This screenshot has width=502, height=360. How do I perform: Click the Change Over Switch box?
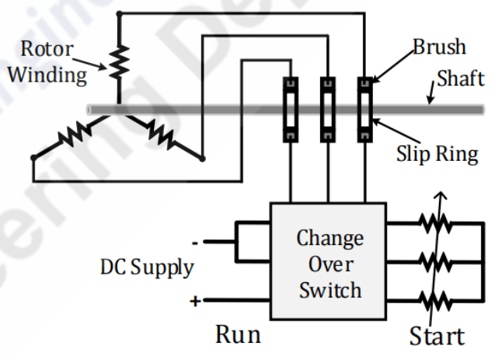coord(328,261)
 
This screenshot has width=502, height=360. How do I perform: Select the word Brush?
coord(439,47)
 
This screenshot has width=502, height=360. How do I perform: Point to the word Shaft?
coord(459,79)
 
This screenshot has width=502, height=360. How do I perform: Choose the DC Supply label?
coord(146,267)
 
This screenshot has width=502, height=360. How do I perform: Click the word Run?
coord(237,335)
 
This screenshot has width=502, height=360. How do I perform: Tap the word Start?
coord(437,336)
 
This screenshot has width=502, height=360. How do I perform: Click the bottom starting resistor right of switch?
coord(433,299)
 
